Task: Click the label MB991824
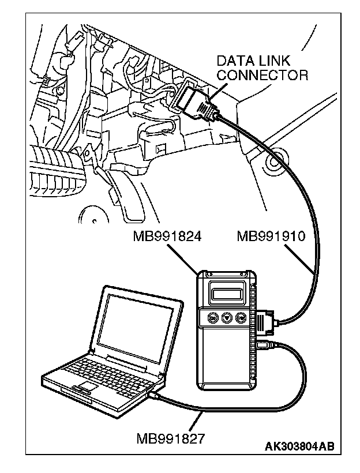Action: point(167,236)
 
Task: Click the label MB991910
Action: point(271,236)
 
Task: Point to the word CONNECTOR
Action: point(262,75)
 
